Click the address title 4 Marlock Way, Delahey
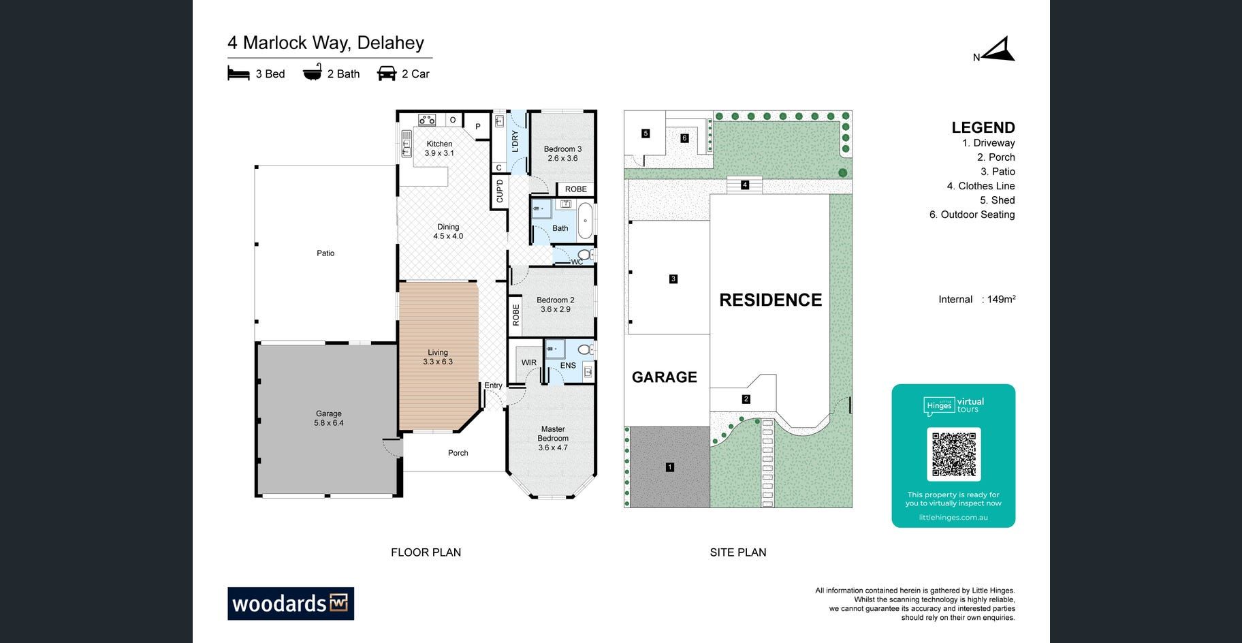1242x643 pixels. [x=325, y=43]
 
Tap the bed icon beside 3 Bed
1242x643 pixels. [x=238, y=74]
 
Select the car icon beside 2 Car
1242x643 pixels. [x=386, y=73]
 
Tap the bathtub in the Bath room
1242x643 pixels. [x=585, y=220]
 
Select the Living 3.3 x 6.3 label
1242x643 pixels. [x=438, y=357]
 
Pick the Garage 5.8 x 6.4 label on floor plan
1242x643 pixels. [x=329, y=418]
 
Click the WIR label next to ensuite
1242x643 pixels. [x=529, y=362]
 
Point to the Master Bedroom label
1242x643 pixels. [x=553, y=438]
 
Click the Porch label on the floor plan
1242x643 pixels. [x=458, y=453]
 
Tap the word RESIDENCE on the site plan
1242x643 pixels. [x=771, y=300]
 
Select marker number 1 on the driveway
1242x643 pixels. [x=670, y=467]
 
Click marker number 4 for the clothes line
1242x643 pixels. [x=745, y=185]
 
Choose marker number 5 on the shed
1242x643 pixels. [x=646, y=134]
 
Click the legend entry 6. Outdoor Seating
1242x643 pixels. [x=972, y=215]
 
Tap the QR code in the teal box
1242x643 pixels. [x=953, y=454]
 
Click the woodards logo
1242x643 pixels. [x=291, y=603]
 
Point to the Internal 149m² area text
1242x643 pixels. [x=977, y=299]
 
